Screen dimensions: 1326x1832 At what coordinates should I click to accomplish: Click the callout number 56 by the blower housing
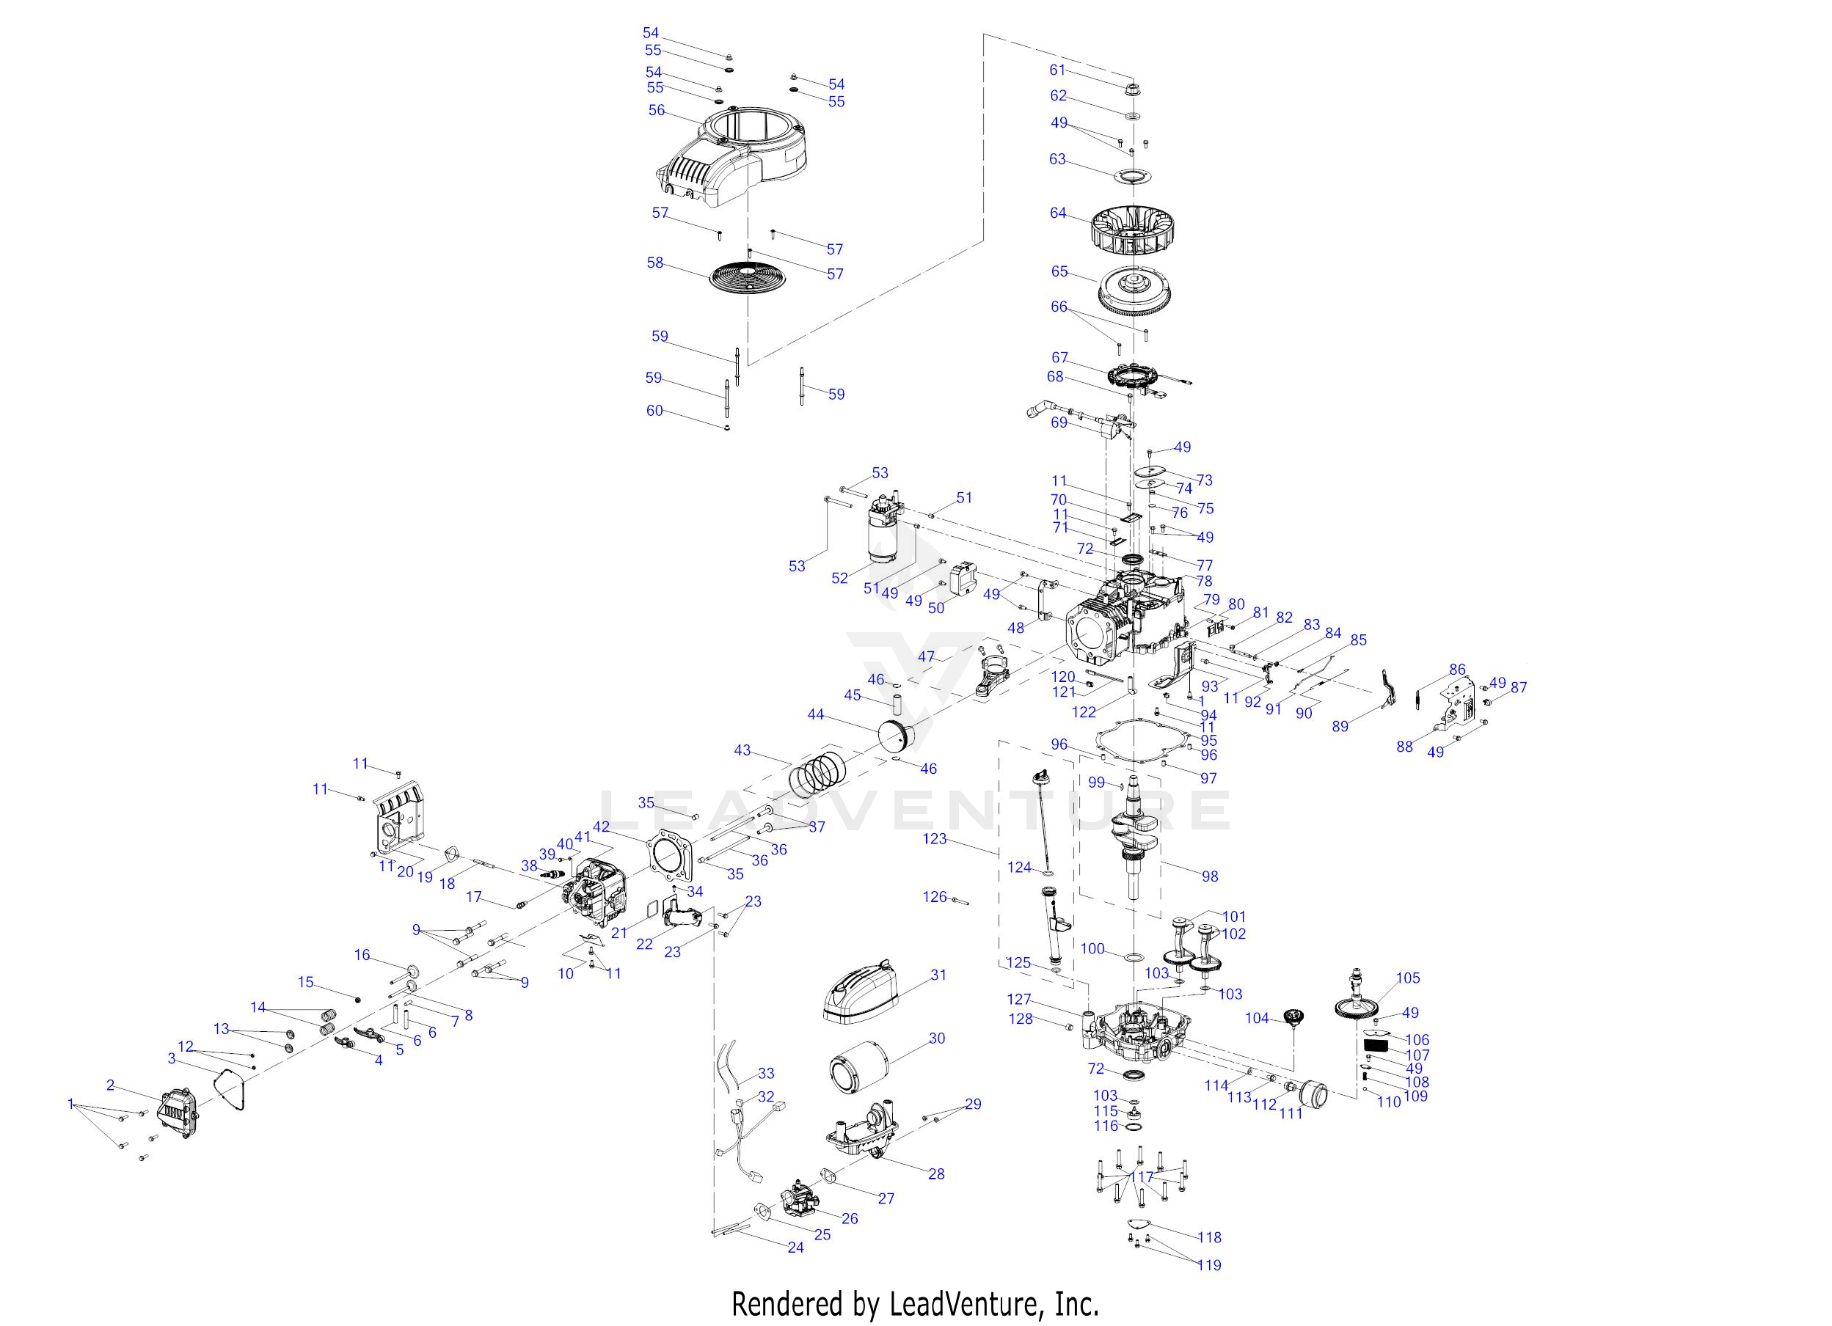tap(657, 110)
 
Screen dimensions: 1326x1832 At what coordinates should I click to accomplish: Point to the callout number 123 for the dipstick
tap(935, 839)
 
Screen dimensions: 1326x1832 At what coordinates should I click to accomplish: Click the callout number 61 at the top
tap(1057, 70)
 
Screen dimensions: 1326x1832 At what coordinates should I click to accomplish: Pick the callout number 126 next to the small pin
tap(935, 896)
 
